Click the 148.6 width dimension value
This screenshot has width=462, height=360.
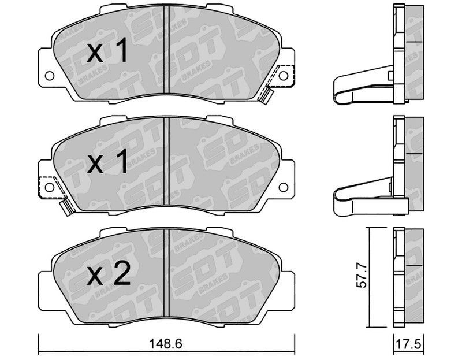click(x=166, y=344)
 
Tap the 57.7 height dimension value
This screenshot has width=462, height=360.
click(x=362, y=276)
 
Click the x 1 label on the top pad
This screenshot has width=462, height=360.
click(x=107, y=50)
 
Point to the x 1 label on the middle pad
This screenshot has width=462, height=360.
click(x=107, y=161)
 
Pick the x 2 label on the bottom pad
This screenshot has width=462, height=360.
click(x=109, y=273)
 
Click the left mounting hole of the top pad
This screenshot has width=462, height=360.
click(x=49, y=76)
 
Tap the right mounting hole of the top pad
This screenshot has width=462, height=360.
click(x=283, y=76)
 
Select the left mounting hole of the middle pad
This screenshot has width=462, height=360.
click(x=49, y=187)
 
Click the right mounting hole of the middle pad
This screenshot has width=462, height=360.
click(x=283, y=187)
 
